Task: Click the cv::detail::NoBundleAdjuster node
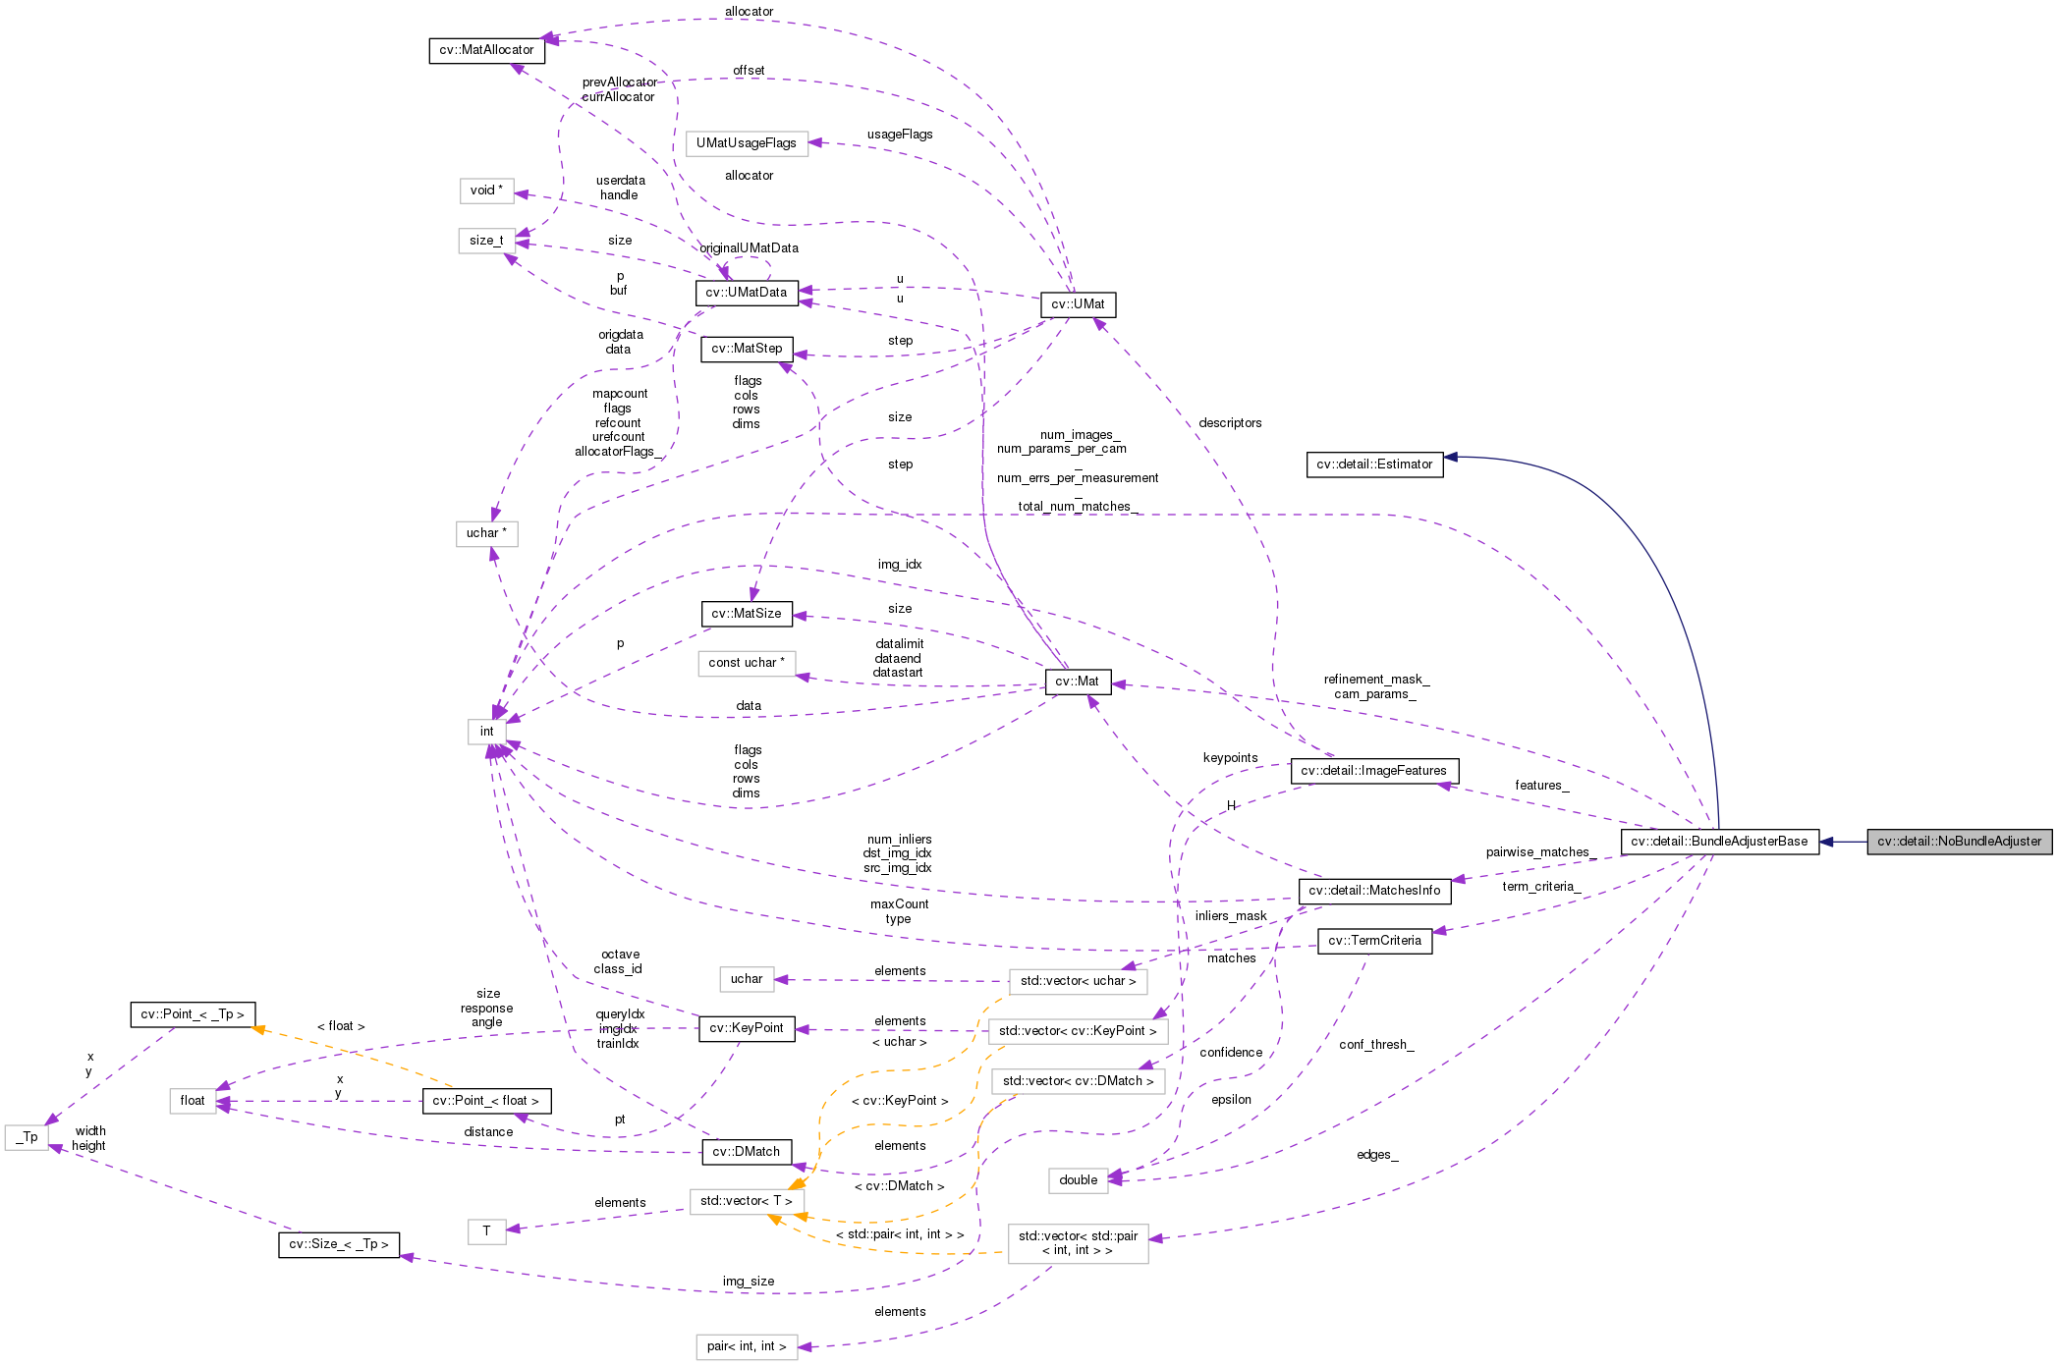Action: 1959,842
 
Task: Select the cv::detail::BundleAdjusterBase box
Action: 1719,842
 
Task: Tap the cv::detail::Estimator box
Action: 1374,464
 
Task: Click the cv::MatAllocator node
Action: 486,50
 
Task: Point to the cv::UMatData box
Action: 746,293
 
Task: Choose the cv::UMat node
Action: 1078,304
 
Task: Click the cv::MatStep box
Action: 747,349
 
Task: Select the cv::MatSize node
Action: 747,614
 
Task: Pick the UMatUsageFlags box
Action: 747,143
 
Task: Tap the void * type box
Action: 486,191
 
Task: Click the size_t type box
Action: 486,241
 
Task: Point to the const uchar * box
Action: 747,663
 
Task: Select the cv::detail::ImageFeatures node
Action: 1373,771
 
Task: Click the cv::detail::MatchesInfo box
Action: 1374,891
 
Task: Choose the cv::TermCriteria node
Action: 1374,941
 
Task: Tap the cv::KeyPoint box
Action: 747,1028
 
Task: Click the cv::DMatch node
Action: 747,1152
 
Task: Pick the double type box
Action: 1078,1180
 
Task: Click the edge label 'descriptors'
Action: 1230,423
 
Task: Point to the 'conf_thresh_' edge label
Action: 1376,1045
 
